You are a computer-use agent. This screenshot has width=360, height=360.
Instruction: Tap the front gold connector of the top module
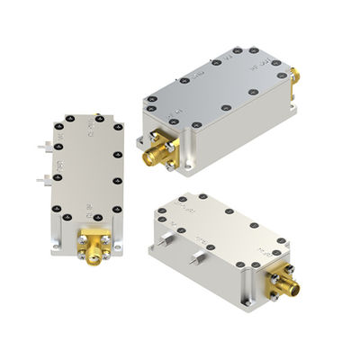(152, 155)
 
